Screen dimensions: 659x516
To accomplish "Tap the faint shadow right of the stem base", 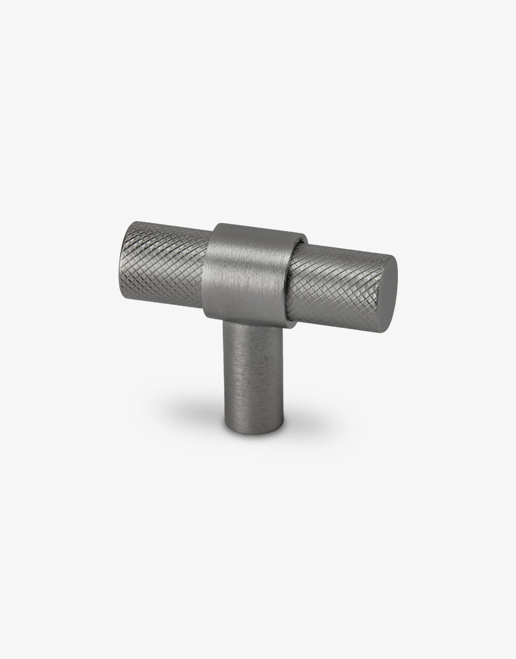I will click(x=310, y=427).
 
